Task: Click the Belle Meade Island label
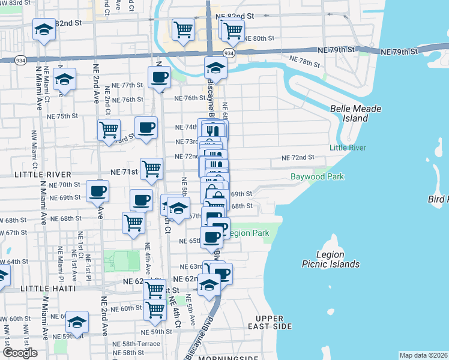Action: [x=349, y=113]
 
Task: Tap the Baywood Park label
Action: [x=317, y=177]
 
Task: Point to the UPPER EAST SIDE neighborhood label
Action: [x=273, y=322]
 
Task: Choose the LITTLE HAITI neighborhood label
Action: [x=48, y=289]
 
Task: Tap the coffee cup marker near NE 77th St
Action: [x=159, y=77]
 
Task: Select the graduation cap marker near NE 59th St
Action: [x=77, y=322]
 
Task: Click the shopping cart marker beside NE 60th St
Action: [x=155, y=309]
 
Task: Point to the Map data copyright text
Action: [x=423, y=355]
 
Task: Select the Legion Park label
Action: [x=248, y=233]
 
